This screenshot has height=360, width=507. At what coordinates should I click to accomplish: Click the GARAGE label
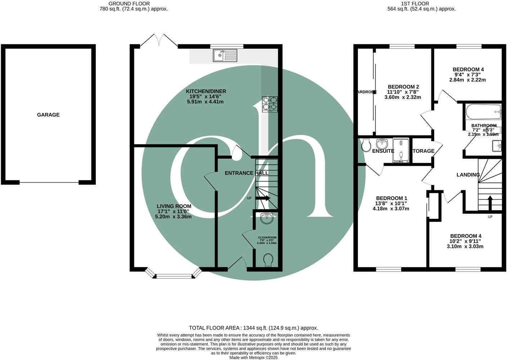(x=48, y=115)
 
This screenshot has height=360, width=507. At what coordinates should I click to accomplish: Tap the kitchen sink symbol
(x=225, y=55)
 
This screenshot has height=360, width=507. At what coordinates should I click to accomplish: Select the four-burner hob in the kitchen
(x=270, y=104)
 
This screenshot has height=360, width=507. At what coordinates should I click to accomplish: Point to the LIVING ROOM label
(x=174, y=206)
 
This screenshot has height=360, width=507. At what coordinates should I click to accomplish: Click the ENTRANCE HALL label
(x=246, y=173)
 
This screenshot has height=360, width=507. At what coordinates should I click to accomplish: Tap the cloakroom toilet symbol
(x=268, y=260)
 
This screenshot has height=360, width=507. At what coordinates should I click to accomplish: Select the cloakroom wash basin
(x=266, y=217)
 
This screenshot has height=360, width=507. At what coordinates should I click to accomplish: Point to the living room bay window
(x=174, y=276)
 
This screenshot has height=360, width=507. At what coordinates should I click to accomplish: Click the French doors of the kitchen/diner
(x=159, y=41)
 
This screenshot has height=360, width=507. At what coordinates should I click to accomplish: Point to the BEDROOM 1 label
(x=391, y=198)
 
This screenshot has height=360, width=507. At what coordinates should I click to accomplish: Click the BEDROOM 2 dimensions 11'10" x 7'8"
(x=403, y=92)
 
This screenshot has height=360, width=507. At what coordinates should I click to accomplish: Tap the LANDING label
(x=468, y=175)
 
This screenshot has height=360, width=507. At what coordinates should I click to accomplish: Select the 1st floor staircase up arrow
(x=489, y=202)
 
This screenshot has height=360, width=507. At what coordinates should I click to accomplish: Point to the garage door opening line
(x=49, y=182)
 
